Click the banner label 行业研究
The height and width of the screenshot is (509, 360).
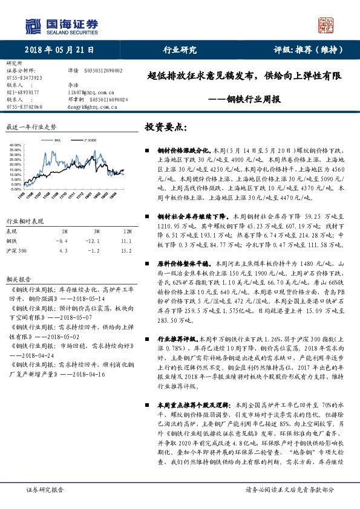coord(180,51)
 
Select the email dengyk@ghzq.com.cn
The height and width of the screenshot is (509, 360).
coord(91,107)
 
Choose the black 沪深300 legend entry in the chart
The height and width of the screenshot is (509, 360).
coord(87,140)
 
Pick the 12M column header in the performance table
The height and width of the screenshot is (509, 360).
coord(127,232)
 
